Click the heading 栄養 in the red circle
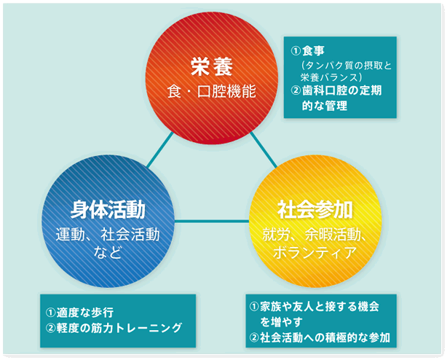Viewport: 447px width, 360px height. click(212, 67)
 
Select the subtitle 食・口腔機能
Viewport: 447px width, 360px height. click(212, 92)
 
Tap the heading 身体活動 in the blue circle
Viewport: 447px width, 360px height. click(108, 210)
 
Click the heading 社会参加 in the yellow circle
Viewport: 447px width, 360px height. click(315, 210)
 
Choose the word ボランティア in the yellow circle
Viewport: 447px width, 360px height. click(315, 251)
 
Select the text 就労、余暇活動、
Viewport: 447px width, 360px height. click(315, 235)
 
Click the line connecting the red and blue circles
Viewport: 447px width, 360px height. click(160, 149)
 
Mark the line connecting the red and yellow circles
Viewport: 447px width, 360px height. click(264, 150)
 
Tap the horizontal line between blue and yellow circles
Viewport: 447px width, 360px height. click(212, 221)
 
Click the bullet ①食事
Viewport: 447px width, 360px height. click(308, 51)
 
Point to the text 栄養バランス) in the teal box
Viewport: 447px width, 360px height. click(331, 77)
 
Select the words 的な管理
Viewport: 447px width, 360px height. click(325, 106)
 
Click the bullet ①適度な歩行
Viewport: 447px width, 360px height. click(79, 313)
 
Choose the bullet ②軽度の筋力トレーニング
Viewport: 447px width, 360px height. click(114, 328)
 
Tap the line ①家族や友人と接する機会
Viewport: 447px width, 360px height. click(315, 307)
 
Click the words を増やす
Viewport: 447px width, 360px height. click(281, 322)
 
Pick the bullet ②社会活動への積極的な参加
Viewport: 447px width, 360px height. click(320, 337)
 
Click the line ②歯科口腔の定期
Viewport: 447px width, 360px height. click(336, 90)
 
